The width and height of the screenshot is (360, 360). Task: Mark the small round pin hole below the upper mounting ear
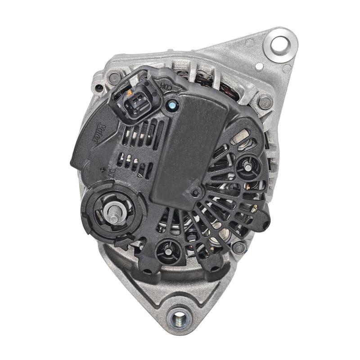click(260, 67)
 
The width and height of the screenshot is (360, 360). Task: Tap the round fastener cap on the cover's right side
click(247, 167)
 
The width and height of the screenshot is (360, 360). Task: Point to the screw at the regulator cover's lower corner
click(195, 193)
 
